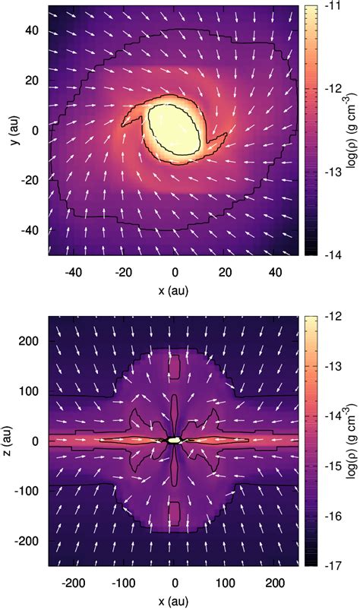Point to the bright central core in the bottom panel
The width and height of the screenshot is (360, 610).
pyautogui.click(x=175, y=440)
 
